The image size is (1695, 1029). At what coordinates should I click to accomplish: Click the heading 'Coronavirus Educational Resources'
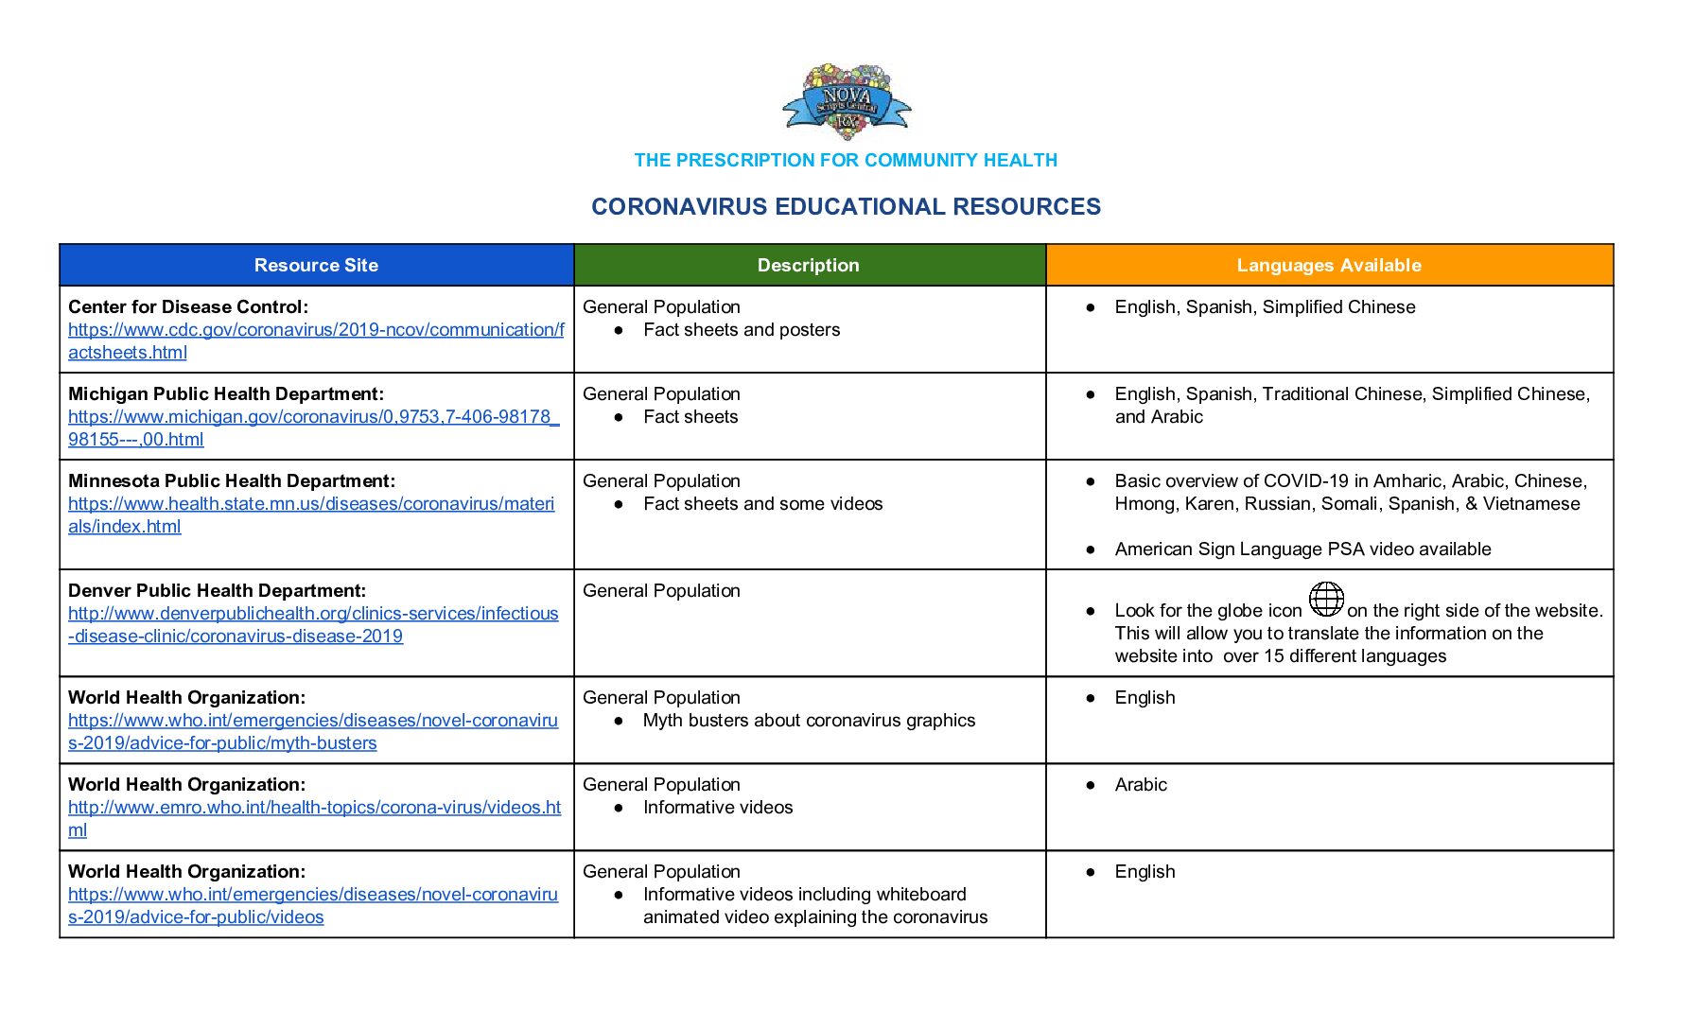[x=846, y=207]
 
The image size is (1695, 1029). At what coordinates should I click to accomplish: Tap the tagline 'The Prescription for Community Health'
[x=846, y=161]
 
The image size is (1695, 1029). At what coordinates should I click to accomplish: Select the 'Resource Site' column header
[x=316, y=266]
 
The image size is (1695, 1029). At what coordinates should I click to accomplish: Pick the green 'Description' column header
[x=809, y=266]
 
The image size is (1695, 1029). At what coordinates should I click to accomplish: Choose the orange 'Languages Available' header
[x=1329, y=266]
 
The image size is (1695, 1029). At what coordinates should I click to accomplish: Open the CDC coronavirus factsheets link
[x=316, y=330]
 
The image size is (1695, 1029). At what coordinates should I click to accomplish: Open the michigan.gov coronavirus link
[x=313, y=417]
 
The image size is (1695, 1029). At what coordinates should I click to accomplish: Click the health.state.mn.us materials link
[x=311, y=504]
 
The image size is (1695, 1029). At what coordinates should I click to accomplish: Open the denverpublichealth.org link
[x=313, y=614]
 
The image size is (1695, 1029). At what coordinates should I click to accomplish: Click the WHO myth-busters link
[x=313, y=721]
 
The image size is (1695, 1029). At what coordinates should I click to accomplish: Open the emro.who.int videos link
[x=314, y=808]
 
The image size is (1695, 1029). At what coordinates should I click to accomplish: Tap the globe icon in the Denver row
[x=1326, y=599]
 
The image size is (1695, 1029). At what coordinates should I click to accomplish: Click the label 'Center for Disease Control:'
[x=188, y=307]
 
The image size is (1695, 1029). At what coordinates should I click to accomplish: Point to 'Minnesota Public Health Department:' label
[x=232, y=481]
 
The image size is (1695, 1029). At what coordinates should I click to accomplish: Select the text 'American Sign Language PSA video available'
[x=1302, y=549]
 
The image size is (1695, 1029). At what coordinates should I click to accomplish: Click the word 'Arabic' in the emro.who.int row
[x=1141, y=785]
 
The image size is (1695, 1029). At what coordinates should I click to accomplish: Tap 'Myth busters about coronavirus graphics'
[x=809, y=721]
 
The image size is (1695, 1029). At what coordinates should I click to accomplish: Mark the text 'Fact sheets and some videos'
[x=762, y=504]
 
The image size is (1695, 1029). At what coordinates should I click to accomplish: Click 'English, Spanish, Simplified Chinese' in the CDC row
[x=1265, y=307]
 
